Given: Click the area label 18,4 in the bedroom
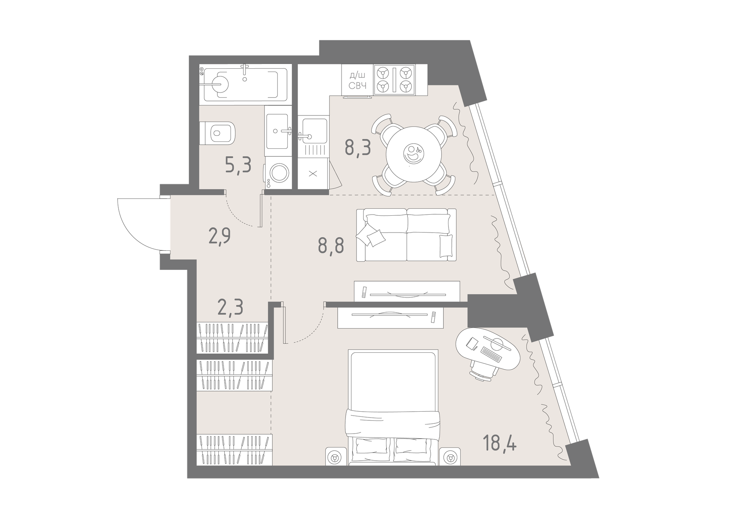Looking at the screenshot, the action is [x=499, y=443].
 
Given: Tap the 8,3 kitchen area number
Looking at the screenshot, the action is [x=358, y=148].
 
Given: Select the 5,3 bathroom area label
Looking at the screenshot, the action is [x=238, y=165].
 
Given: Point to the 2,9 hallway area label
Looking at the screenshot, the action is [x=219, y=237].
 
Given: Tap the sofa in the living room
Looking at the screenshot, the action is [x=406, y=235].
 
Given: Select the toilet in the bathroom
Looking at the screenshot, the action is [x=217, y=133].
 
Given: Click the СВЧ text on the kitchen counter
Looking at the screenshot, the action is [x=358, y=86].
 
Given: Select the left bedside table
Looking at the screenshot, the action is [x=335, y=456].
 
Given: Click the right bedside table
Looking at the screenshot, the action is [x=450, y=456].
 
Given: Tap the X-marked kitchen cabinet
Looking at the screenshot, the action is [x=313, y=174].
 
